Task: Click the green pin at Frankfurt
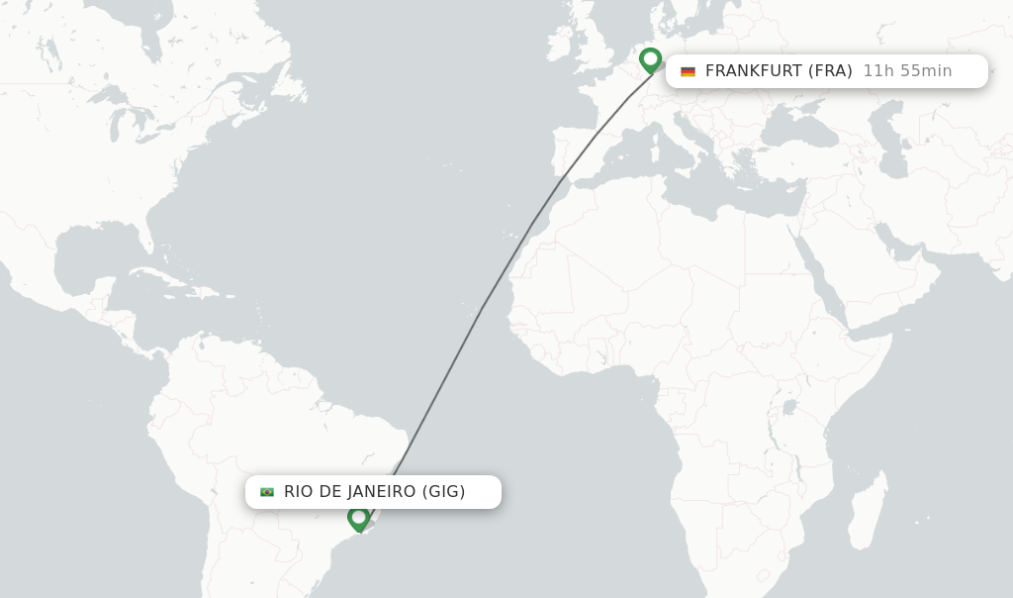650,59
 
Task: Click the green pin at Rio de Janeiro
358,517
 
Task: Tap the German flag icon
688,71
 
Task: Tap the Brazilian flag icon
267,492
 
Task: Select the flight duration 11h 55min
907,71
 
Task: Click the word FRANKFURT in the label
754,71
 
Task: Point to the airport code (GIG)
443,492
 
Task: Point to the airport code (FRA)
830,71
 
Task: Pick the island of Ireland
559,45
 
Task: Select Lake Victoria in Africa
788,406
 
